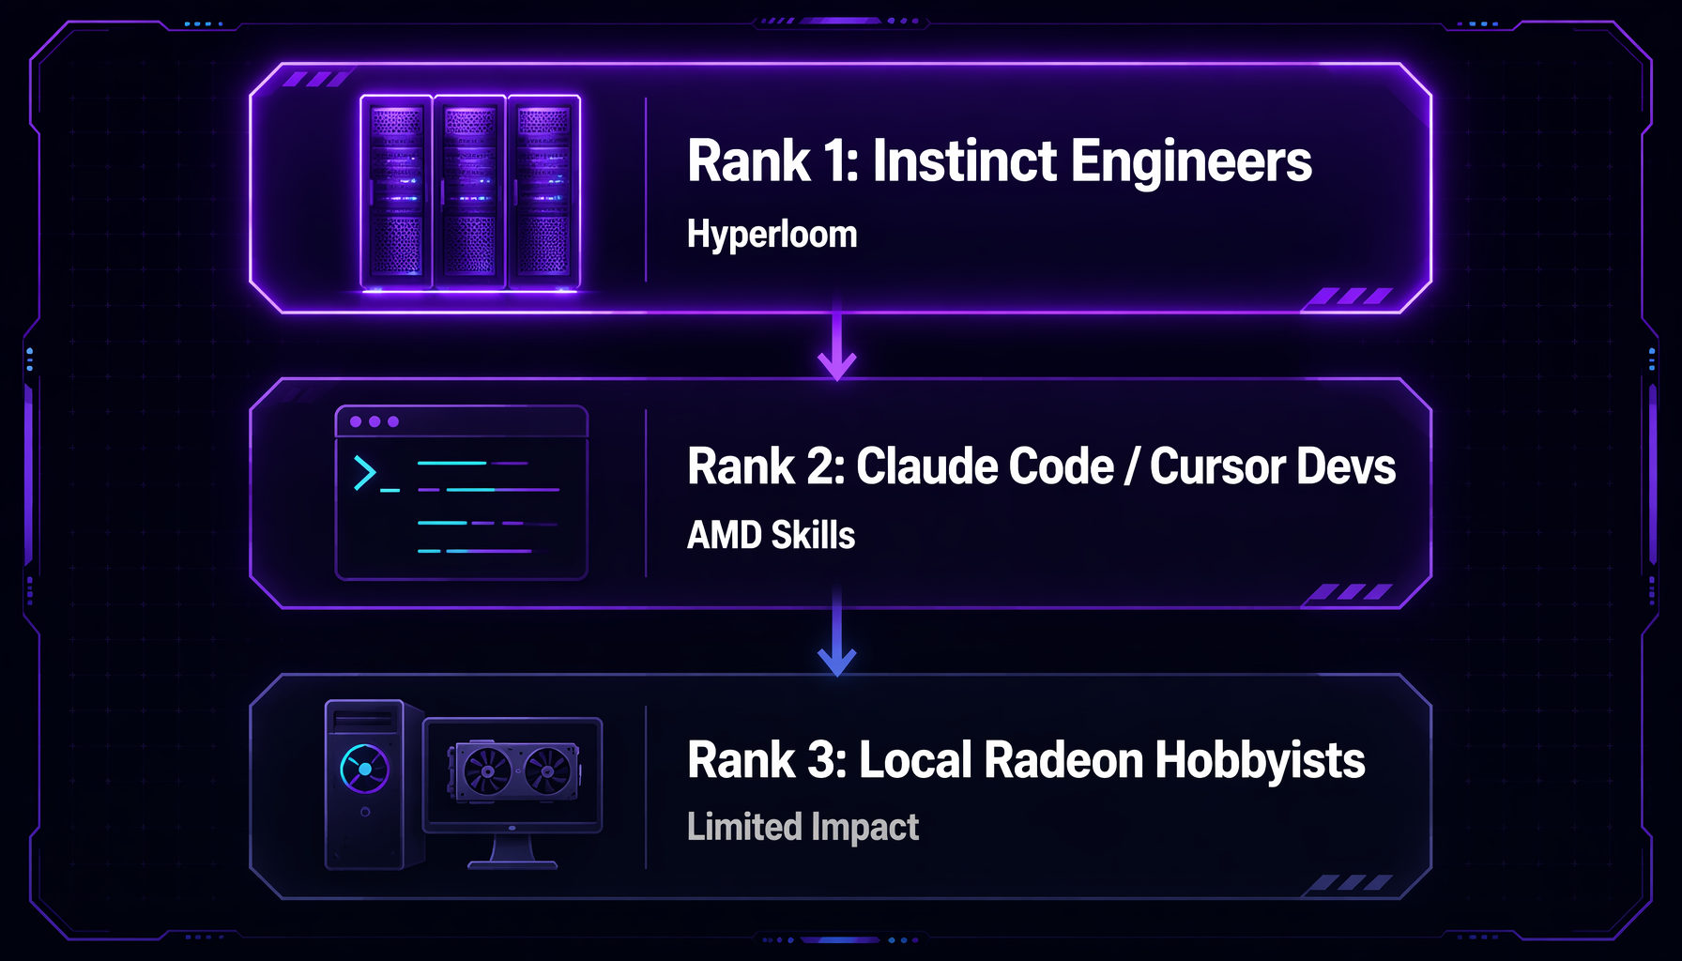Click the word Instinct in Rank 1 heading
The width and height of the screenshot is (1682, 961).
pyautogui.click(x=965, y=160)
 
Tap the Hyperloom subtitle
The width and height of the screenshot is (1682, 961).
pyautogui.click(x=772, y=235)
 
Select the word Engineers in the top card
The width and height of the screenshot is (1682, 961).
pyautogui.click(x=1191, y=162)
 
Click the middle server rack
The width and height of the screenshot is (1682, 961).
pyautogui.click(x=469, y=191)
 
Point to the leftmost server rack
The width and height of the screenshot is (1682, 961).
pyautogui.click(x=396, y=191)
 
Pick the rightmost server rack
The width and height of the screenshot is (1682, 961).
pyautogui.click(x=543, y=191)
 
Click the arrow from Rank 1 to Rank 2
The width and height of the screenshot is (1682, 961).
pyautogui.click(x=836, y=343)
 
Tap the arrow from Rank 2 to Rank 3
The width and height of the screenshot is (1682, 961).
pyautogui.click(x=836, y=633)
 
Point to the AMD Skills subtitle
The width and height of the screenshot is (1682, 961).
pyautogui.click(x=771, y=535)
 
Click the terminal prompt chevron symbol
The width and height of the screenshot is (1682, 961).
pyautogui.click(x=364, y=473)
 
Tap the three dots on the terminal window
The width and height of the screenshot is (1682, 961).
pyautogui.click(x=374, y=421)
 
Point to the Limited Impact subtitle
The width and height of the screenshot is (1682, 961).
pyautogui.click(x=803, y=827)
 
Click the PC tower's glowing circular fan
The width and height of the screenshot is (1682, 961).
pyautogui.click(x=364, y=770)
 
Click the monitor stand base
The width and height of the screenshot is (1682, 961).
pyautogui.click(x=512, y=864)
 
